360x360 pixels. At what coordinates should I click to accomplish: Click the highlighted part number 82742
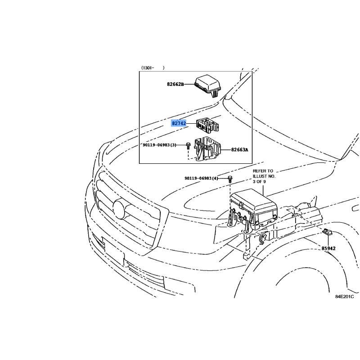[x=179, y=123]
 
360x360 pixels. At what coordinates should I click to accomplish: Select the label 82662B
[x=175, y=84]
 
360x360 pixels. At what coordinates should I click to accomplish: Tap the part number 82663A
[x=239, y=150]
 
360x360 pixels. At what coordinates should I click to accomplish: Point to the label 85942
[x=328, y=248]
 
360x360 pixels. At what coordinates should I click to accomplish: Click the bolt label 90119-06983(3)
[x=159, y=145]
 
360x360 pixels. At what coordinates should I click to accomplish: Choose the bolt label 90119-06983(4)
[x=201, y=178]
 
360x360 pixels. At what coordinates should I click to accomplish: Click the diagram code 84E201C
[x=344, y=297]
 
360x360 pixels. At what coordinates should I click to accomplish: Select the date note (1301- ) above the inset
[x=153, y=68]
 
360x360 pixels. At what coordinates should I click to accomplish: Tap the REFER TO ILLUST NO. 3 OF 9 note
[x=264, y=176]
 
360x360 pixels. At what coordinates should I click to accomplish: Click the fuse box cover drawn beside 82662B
[x=208, y=86]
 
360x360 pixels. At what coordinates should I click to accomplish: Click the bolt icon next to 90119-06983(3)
[x=188, y=145]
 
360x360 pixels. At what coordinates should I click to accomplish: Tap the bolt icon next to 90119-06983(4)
[x=230, y=179]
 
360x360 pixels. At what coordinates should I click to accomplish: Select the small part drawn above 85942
[x=327, y=232]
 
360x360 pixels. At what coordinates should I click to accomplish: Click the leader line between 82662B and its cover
[x=189, y=84]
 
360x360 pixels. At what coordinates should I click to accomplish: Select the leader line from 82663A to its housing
[x=226, y=150]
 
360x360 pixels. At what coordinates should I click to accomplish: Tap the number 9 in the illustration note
[x=264, y=182]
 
